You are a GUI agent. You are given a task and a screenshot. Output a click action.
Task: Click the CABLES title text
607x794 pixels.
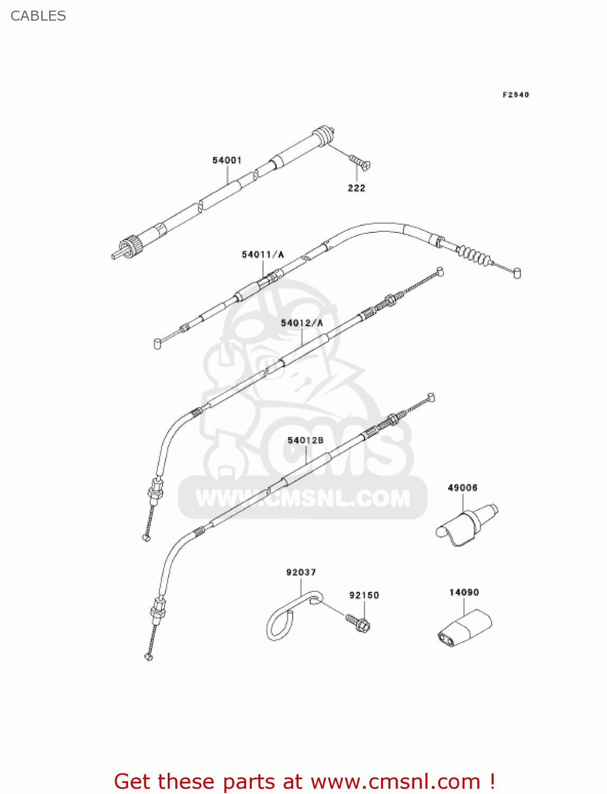(38, 16)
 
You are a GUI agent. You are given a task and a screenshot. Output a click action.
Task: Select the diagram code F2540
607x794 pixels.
(515, 95)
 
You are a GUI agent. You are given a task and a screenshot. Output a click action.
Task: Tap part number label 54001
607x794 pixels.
(227, 160)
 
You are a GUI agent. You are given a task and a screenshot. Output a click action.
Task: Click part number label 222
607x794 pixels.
(356, 188)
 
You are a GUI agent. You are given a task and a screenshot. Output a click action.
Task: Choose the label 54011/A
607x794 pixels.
(262, 255)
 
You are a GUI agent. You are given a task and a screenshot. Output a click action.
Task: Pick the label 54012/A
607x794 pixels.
(302, 323)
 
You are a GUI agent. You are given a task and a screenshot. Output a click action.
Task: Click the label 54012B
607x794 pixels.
(305, 440)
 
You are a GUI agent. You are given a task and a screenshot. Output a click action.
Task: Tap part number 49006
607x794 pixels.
(463, 488)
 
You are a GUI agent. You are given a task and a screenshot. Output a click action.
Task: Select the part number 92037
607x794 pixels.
(301, 572)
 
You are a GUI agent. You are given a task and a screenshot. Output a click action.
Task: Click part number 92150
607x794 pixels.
(364, 595)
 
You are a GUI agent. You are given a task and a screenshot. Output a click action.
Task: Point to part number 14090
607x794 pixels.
(464, 592)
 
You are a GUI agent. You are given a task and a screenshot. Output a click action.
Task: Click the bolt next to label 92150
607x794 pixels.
(359, 622)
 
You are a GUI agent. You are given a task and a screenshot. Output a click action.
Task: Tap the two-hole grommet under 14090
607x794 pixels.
(463, 628)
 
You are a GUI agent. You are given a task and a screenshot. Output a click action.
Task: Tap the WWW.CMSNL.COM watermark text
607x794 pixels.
(303, 498)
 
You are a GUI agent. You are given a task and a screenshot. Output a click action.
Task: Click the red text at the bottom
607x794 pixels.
(304, 781)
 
